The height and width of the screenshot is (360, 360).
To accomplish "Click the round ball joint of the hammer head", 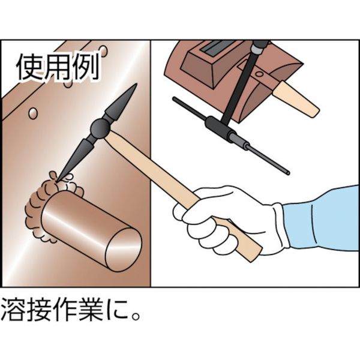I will (100, 127).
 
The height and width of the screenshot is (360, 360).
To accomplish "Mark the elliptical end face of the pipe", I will (123, 248).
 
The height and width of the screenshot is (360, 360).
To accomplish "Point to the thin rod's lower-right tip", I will (288, 174).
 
